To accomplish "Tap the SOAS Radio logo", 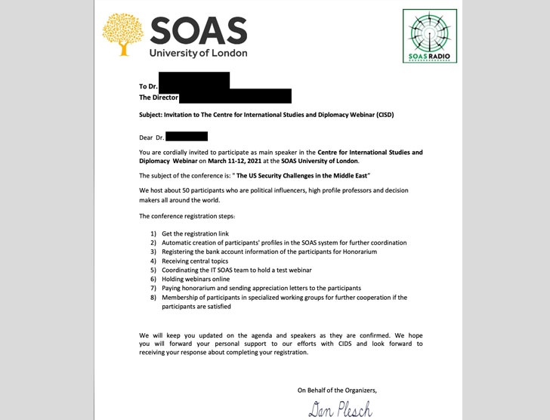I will (x=429, y=36).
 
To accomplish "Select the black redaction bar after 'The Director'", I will (x=235, y=96).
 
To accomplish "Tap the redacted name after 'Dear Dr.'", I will (x=186, y=137).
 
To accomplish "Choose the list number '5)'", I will (x=153, y=270).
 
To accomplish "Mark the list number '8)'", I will (x=153, y=298).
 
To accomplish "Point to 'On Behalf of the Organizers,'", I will (x=336, y=390).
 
